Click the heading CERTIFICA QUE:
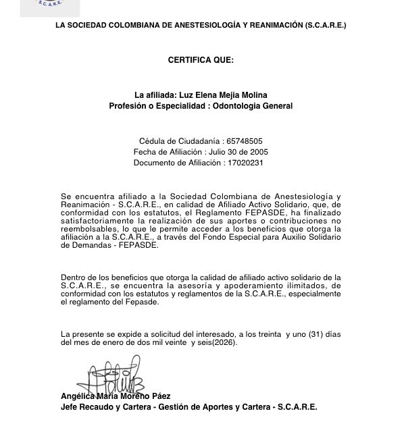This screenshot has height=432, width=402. click(x=201, y=60)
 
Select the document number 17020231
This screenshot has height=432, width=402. click(x=246, y=163)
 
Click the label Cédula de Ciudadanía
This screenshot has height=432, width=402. click(x=179, y=141)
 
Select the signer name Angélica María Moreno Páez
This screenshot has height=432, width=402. click(x=116, y=396)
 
